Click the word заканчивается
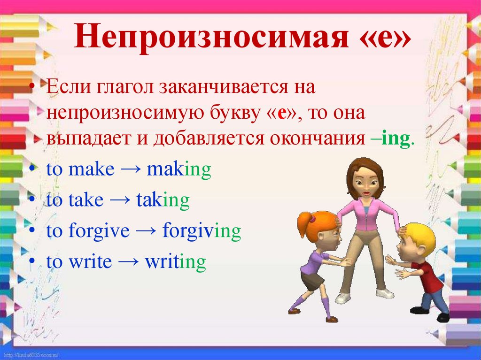tap(224, 87)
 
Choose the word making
tap(179, 169)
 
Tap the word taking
tap(163, 200)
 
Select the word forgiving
tap(202, 231)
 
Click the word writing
tap(176, 262)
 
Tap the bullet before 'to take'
tap(33, 199)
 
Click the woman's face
tap(365, 185)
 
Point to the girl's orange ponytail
tap(305, 224)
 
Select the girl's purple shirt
tap(312, 262)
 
